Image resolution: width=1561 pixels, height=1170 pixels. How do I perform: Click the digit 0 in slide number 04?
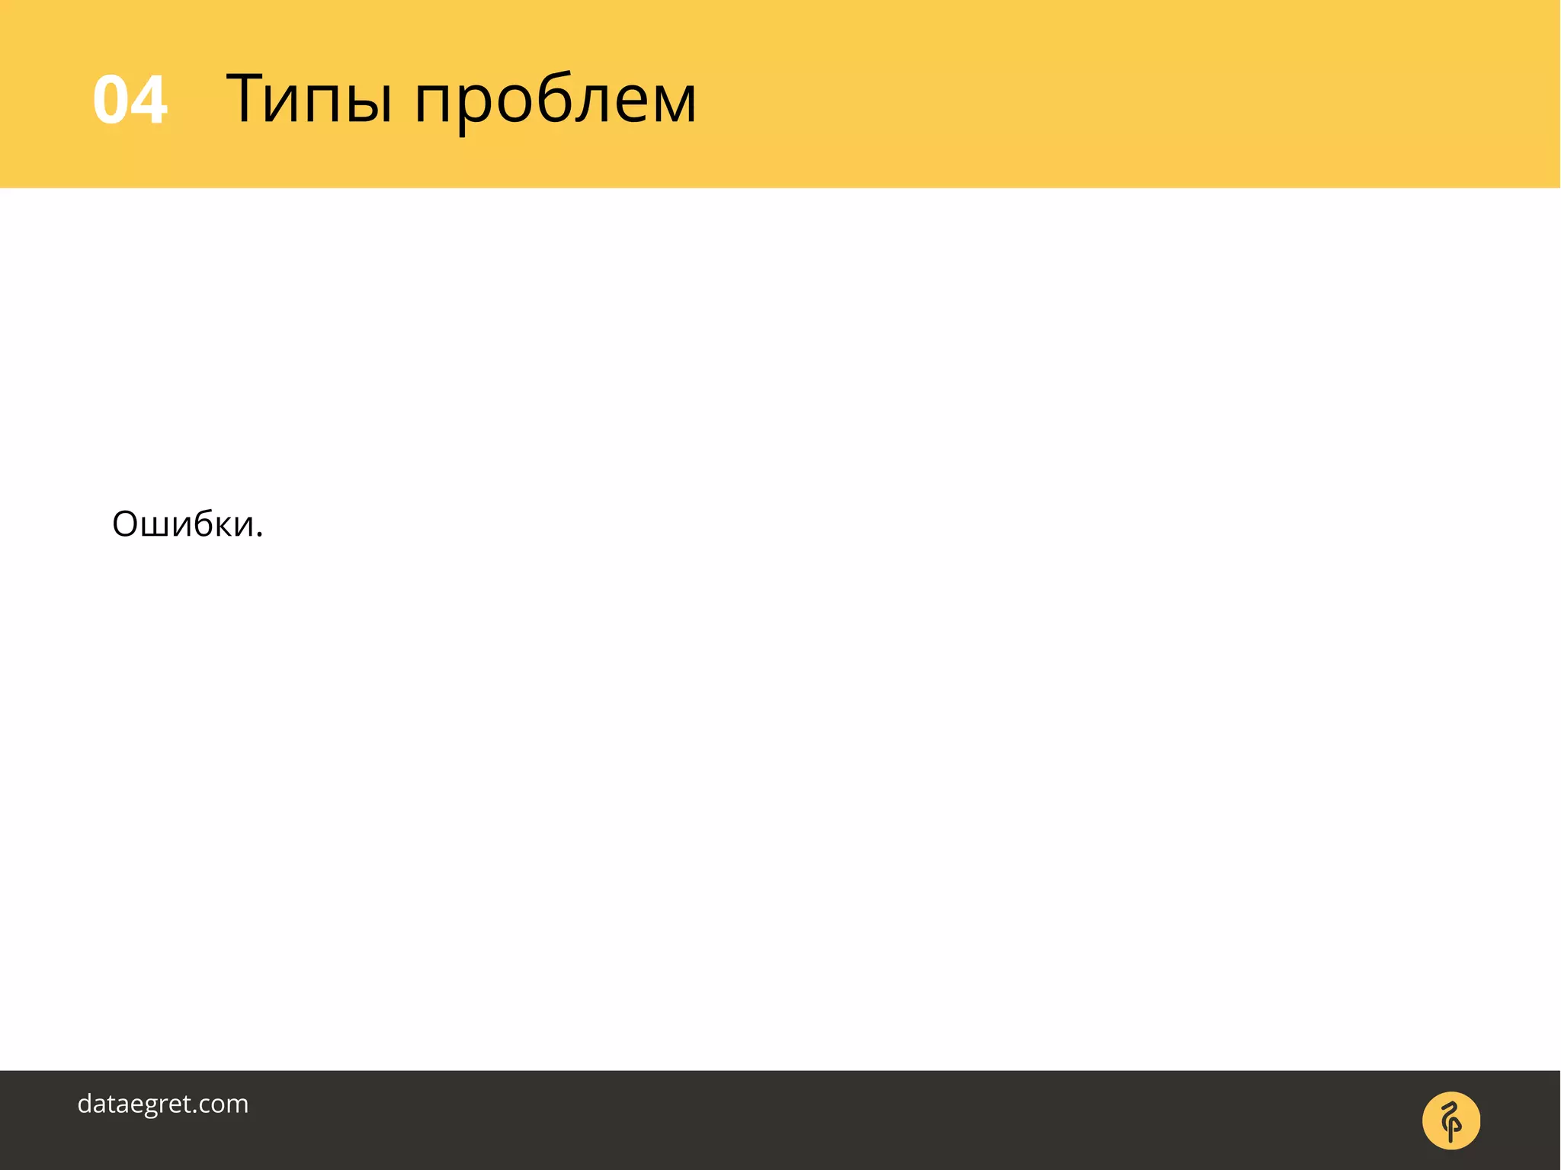click(x=111, y=100)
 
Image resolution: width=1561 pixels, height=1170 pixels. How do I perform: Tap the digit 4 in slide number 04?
click(x=149, y=100)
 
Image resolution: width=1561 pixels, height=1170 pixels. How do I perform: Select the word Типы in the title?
click(x=309, y=99)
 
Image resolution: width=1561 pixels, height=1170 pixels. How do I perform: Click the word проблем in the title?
click(x=555, y=101)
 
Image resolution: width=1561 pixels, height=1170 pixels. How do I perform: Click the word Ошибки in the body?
click(x=184, y=524)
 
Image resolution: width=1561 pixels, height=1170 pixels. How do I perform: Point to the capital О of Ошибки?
click(x=126, y=524)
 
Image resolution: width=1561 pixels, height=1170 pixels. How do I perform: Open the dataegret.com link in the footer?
click(x=163, y=1104)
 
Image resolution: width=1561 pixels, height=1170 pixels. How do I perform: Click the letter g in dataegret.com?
click(x=167, y=1107)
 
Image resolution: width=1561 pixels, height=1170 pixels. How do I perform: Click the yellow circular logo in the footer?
click(x=1450, y=1120)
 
